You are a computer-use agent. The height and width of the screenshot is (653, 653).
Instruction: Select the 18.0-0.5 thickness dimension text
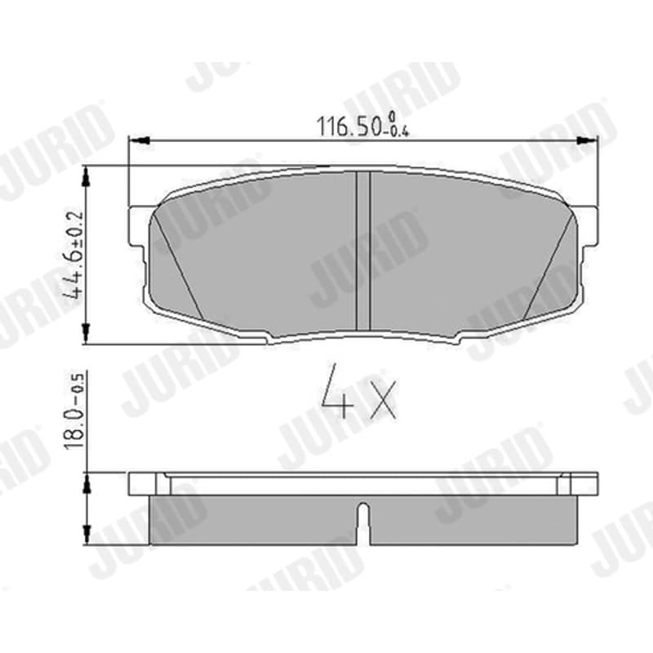coord(74,410)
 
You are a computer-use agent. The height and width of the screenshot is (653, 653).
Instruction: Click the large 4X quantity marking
coord(360,392)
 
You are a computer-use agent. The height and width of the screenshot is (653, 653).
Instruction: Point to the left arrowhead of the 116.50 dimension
coord(139,140)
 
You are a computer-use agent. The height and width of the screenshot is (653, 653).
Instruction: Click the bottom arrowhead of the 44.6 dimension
coord(87,334)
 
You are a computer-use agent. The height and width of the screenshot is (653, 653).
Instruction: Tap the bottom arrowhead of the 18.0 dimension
coord(87,535)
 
